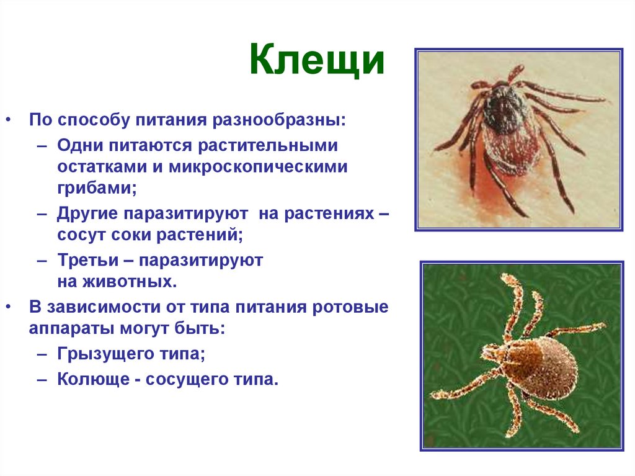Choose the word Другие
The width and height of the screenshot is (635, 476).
click(86, 214)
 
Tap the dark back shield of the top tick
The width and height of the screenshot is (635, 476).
click(505, 109)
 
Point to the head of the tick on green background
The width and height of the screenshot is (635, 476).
click(491, 352)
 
